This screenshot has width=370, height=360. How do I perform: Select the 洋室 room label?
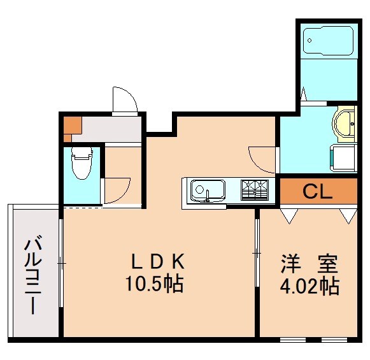309,262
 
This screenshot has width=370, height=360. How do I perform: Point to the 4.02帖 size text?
309,285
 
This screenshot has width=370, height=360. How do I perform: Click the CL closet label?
317,191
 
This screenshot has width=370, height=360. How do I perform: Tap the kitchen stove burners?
255,189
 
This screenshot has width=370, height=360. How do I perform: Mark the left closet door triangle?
288,215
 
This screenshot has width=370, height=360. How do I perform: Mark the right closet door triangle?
348,215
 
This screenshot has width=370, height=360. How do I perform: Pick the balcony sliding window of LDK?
60,261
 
